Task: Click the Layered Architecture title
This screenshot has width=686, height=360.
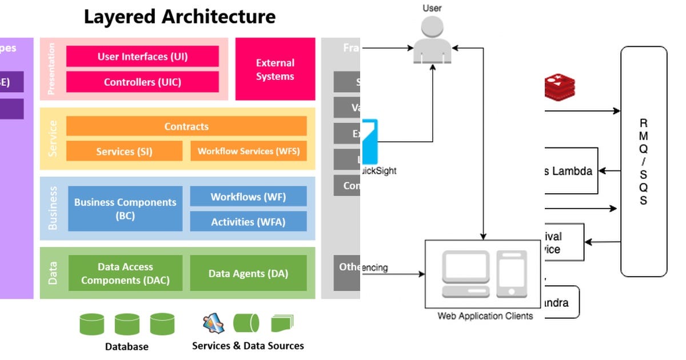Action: [x=180, y=17]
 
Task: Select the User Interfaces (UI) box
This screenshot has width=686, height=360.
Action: [x=142, y=57]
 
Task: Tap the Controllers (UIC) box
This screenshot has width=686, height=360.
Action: [x=142, y=82]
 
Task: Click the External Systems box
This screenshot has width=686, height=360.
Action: [x=275, y=69]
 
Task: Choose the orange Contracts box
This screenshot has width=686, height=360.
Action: [x=186, y=126]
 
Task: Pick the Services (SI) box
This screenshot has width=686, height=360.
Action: [x=124, y=151]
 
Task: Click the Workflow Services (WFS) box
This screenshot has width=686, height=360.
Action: [x=248, y=151]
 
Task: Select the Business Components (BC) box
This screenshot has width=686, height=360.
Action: [x=125, y=209]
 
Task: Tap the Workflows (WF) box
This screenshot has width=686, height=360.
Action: [x=248, y=197]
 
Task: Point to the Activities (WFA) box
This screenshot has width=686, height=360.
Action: [x=248, y=222]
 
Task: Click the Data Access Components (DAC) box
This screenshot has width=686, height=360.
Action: [x=125, y=273]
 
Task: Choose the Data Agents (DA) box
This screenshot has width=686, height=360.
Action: [x=248, y=273]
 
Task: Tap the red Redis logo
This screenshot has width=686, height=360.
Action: [x=560, y=86]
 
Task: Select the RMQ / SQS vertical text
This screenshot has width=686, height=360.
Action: [x=644, y=162]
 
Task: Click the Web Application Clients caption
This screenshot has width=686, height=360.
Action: [x=485, y=316]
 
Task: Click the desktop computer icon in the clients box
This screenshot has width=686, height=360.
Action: [x=466, y=274]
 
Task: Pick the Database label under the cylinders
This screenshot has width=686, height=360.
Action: [x=126, y=346]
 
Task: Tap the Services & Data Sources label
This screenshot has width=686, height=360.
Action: [x=248, y=346]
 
